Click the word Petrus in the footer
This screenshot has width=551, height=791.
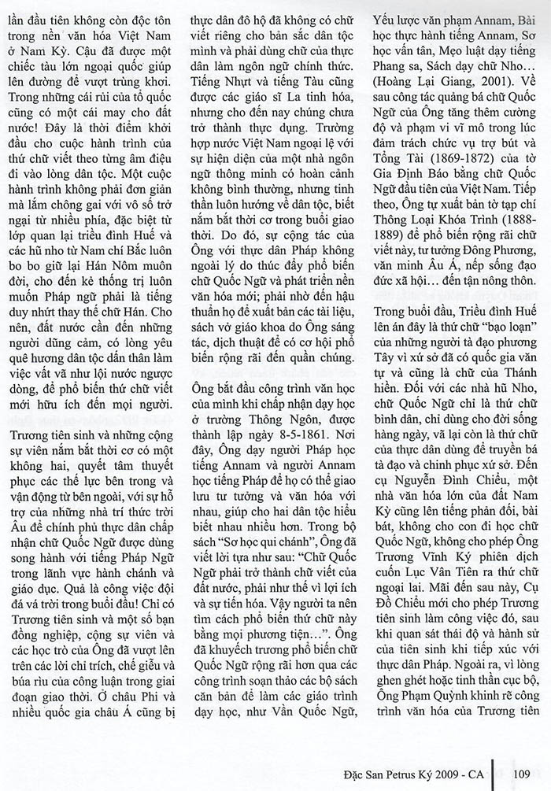(393, 773)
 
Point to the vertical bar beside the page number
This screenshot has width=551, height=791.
(493, 773)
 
